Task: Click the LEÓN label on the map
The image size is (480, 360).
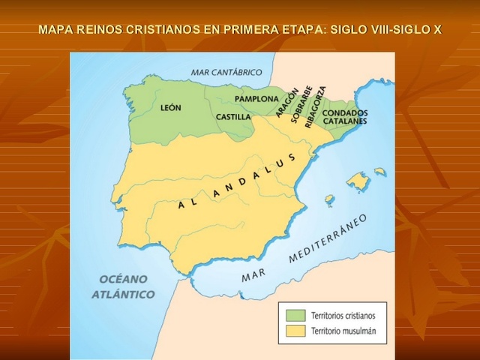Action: click(171, 108)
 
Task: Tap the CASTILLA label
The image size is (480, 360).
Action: click(233, 117)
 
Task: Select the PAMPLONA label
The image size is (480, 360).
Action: click(256, 99)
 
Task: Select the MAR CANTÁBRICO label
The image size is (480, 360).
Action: click(226, 73)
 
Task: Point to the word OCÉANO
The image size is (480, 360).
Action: click(122, 279)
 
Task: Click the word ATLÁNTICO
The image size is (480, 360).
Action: click(123, 294)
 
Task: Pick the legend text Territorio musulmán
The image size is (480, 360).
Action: click(344, 330)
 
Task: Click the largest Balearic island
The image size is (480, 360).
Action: click(359, 181)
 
